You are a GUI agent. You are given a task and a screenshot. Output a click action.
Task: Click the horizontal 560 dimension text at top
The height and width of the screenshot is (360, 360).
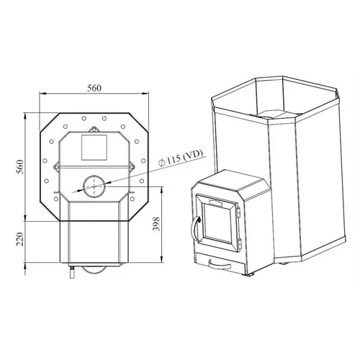[x=94, y=88]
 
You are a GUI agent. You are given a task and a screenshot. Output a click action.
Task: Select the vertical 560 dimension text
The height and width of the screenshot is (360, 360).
[x=19, y=166]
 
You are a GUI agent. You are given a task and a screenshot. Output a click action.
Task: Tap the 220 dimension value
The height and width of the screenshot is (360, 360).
[x=19, y=239]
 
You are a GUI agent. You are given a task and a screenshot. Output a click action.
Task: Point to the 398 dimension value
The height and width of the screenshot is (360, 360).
[x=156, y=224]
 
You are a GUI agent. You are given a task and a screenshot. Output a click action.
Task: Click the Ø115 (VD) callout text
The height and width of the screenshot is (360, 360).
[x=181, y=158]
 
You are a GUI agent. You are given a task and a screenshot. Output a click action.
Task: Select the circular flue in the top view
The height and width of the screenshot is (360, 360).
[x=94, y=186]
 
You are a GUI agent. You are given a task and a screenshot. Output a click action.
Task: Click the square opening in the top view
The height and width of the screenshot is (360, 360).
[x=94, y=148]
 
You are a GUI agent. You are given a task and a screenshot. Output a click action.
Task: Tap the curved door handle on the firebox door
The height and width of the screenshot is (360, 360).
[x=194, y=229]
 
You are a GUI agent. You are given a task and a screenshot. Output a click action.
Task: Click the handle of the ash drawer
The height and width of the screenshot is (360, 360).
[x=220, y=264]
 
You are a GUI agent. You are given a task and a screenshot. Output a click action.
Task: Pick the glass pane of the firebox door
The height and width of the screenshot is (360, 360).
[x=218, y=222]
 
